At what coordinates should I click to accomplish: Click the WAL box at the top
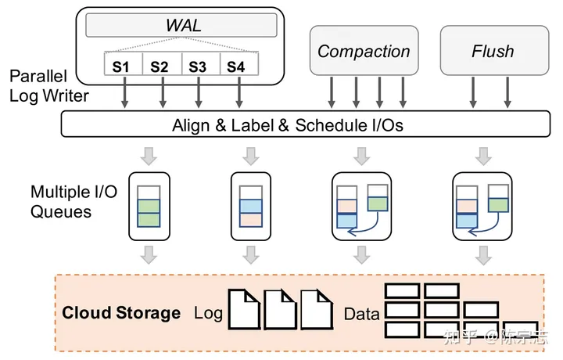pos(183,25)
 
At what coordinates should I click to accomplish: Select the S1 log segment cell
pos(121,66)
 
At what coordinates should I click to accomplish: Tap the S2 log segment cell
pos(160,66)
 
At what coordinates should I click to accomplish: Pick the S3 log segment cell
pos(198,66)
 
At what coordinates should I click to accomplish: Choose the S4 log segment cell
pos(236,66)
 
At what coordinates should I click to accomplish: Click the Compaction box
pos(364,52)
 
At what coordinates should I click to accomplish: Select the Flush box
pos(493,52)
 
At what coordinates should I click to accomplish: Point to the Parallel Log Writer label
pos(47,87)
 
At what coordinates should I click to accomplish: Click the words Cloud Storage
pos(121,313)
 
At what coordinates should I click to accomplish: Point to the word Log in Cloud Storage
pos(208,314)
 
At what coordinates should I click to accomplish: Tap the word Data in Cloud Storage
pos(361,314)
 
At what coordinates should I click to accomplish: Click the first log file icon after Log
pos(244,308)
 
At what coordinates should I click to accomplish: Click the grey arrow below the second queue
pos(251,255)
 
